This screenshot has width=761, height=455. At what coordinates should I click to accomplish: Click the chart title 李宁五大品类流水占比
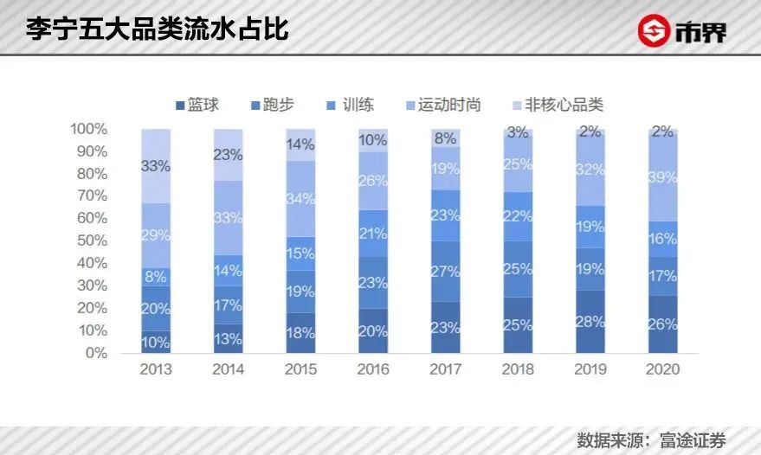tap(158, 29)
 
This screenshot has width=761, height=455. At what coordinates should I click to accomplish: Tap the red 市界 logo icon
tap(654, 30)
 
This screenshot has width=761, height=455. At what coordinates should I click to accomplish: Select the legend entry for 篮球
tap(197, 105)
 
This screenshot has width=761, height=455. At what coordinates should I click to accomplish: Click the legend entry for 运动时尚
tap(443, 105)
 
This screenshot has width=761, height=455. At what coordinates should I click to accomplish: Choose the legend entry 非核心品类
tap(558, 105)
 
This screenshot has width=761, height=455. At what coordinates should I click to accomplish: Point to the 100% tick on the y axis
tap(88, 129)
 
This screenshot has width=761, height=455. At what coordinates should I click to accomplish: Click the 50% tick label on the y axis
tap(92, 240)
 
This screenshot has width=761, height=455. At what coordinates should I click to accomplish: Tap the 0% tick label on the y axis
tap(95, 353)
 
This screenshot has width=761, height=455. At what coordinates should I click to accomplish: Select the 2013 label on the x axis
tap(156, 369)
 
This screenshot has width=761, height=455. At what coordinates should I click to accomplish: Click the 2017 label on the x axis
tap(446, 369)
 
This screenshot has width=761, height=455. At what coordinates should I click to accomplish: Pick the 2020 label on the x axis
tap(662, 369)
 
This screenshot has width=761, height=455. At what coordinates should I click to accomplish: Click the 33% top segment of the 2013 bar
tap(156, 166)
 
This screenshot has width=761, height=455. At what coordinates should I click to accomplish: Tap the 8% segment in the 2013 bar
tap(156, 277)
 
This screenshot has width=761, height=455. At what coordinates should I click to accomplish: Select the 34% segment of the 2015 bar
tap(301, 198)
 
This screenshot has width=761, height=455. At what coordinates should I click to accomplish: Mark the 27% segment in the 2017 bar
tap(446, 272)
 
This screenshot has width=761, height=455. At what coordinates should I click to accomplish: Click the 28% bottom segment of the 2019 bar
tap(590, 322)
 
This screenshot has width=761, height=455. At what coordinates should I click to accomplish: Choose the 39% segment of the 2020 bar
tap(662, 177)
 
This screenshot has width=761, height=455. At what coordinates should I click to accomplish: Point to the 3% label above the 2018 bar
tap(518, 132)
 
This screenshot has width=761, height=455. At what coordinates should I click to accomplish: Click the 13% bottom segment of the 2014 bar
tap(229, 338)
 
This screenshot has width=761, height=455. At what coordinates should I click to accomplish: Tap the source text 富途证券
tap(693, 440)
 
